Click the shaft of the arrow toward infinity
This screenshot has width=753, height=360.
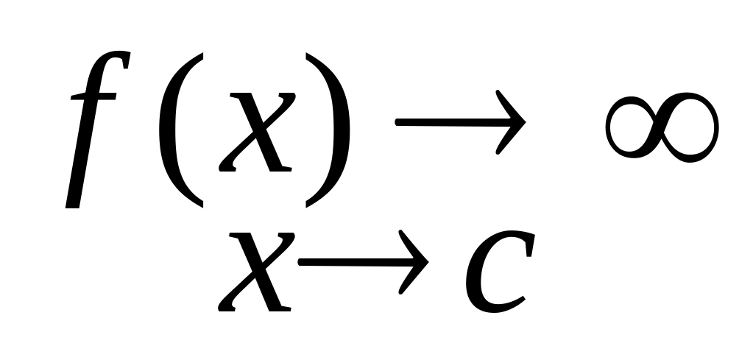coord(442,122)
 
